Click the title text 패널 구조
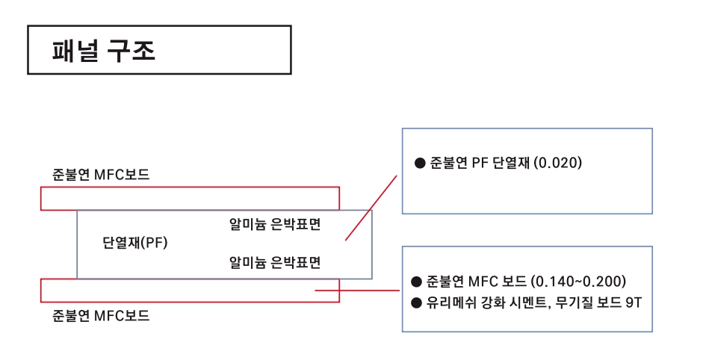click(x=104, y=50)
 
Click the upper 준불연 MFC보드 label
click(x=101, y=176)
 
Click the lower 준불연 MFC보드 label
click(x=101, y=315)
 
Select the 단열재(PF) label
click(x=135, y=243)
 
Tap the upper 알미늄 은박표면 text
click(x=275, y=225)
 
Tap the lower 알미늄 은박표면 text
click(x=275, y=262)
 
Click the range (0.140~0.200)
click(x=577, y=282)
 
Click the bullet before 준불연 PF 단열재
click(x=419, y=162)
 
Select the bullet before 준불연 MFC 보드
click(x=417, y=282)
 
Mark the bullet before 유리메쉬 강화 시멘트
click(x=417, y=302)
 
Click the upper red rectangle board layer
click(x=190, y=198)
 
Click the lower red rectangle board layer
click(x=190, y=291)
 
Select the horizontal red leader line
click(x=359, y=291)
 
